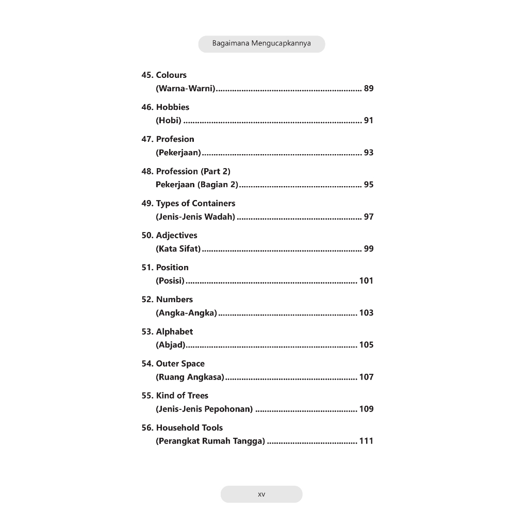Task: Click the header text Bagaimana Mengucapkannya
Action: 261,44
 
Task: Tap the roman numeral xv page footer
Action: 261,494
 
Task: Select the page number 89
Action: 368,89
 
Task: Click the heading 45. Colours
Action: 164,75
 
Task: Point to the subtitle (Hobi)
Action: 169,121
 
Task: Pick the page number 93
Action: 368,153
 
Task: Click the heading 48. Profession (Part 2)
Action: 186,171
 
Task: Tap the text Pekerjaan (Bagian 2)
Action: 197,185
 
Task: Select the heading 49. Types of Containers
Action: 188,203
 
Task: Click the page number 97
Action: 368,217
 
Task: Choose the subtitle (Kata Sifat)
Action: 178,249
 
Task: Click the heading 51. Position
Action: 165,267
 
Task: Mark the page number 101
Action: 366,280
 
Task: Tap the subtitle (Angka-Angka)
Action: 186,313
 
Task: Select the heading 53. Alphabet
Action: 167,332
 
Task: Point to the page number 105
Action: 366,345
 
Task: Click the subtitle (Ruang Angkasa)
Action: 190,377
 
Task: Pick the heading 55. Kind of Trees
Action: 175,395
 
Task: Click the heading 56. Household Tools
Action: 182,427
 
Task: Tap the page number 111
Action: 366,441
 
